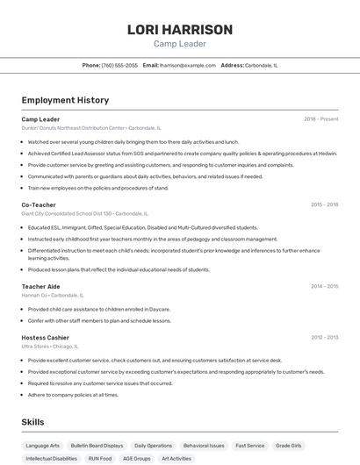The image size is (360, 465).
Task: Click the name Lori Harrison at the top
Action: pos(179,29)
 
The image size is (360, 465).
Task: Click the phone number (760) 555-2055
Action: pos(119,65)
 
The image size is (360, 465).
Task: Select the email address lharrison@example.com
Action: pos(187,65)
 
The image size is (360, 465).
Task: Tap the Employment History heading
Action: pos(65,100)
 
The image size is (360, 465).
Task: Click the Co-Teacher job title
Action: pos(39,204)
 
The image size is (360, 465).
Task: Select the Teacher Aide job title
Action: pos(40,286)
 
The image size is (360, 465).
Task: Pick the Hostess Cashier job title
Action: pos(45,338)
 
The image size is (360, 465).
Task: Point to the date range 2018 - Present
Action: pos(320,119)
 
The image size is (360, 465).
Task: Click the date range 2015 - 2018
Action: pos(324,204)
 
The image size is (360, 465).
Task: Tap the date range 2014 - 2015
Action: pos(324,286)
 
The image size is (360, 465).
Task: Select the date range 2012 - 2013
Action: pos(324,338)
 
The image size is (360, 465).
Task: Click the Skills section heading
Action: pos(32,422)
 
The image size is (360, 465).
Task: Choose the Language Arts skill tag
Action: pos(43,446)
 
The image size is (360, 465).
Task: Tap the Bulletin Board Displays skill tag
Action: pos(97,446)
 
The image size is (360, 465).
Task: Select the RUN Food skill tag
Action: pos(100,458)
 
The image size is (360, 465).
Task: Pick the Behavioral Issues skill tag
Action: pos(205,446)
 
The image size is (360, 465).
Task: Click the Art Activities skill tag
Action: pos(176,458)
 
